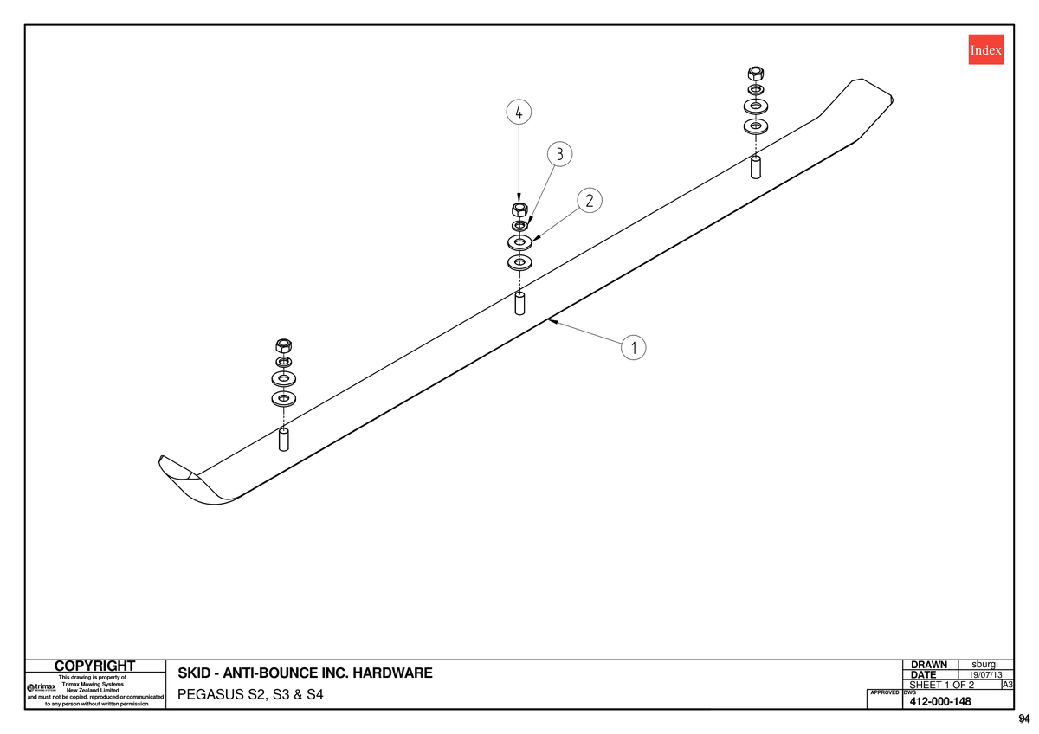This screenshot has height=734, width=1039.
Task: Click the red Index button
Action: (986, 49)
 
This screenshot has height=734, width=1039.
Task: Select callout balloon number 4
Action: (519, 112)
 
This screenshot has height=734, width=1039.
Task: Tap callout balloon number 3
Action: (560, 154)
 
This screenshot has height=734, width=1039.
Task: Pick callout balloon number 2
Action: (590, 200)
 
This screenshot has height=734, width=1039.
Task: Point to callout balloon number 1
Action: (633, 347)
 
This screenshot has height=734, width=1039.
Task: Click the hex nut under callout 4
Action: (519, 209)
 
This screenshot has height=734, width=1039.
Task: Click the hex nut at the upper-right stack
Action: (756, 74)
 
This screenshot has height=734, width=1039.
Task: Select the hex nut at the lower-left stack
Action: (283, 345)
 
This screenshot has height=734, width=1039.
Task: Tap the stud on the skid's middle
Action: (519, 303)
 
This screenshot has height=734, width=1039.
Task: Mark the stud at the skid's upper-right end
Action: (756, 167)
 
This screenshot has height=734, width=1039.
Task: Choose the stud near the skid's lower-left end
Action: (283, 440)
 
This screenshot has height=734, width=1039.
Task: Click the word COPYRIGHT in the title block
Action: (94, 666)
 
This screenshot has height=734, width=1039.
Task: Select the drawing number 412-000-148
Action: (940, 702)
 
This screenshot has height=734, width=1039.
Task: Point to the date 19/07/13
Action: (985, 675)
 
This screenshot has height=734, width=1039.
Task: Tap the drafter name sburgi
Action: (984, 665)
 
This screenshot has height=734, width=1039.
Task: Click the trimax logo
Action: (42, 687)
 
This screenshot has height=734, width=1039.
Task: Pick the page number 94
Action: (1024, 718)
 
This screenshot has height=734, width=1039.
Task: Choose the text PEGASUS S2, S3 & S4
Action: (250, 694)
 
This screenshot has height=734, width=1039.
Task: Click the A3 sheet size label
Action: (1008, 685)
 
